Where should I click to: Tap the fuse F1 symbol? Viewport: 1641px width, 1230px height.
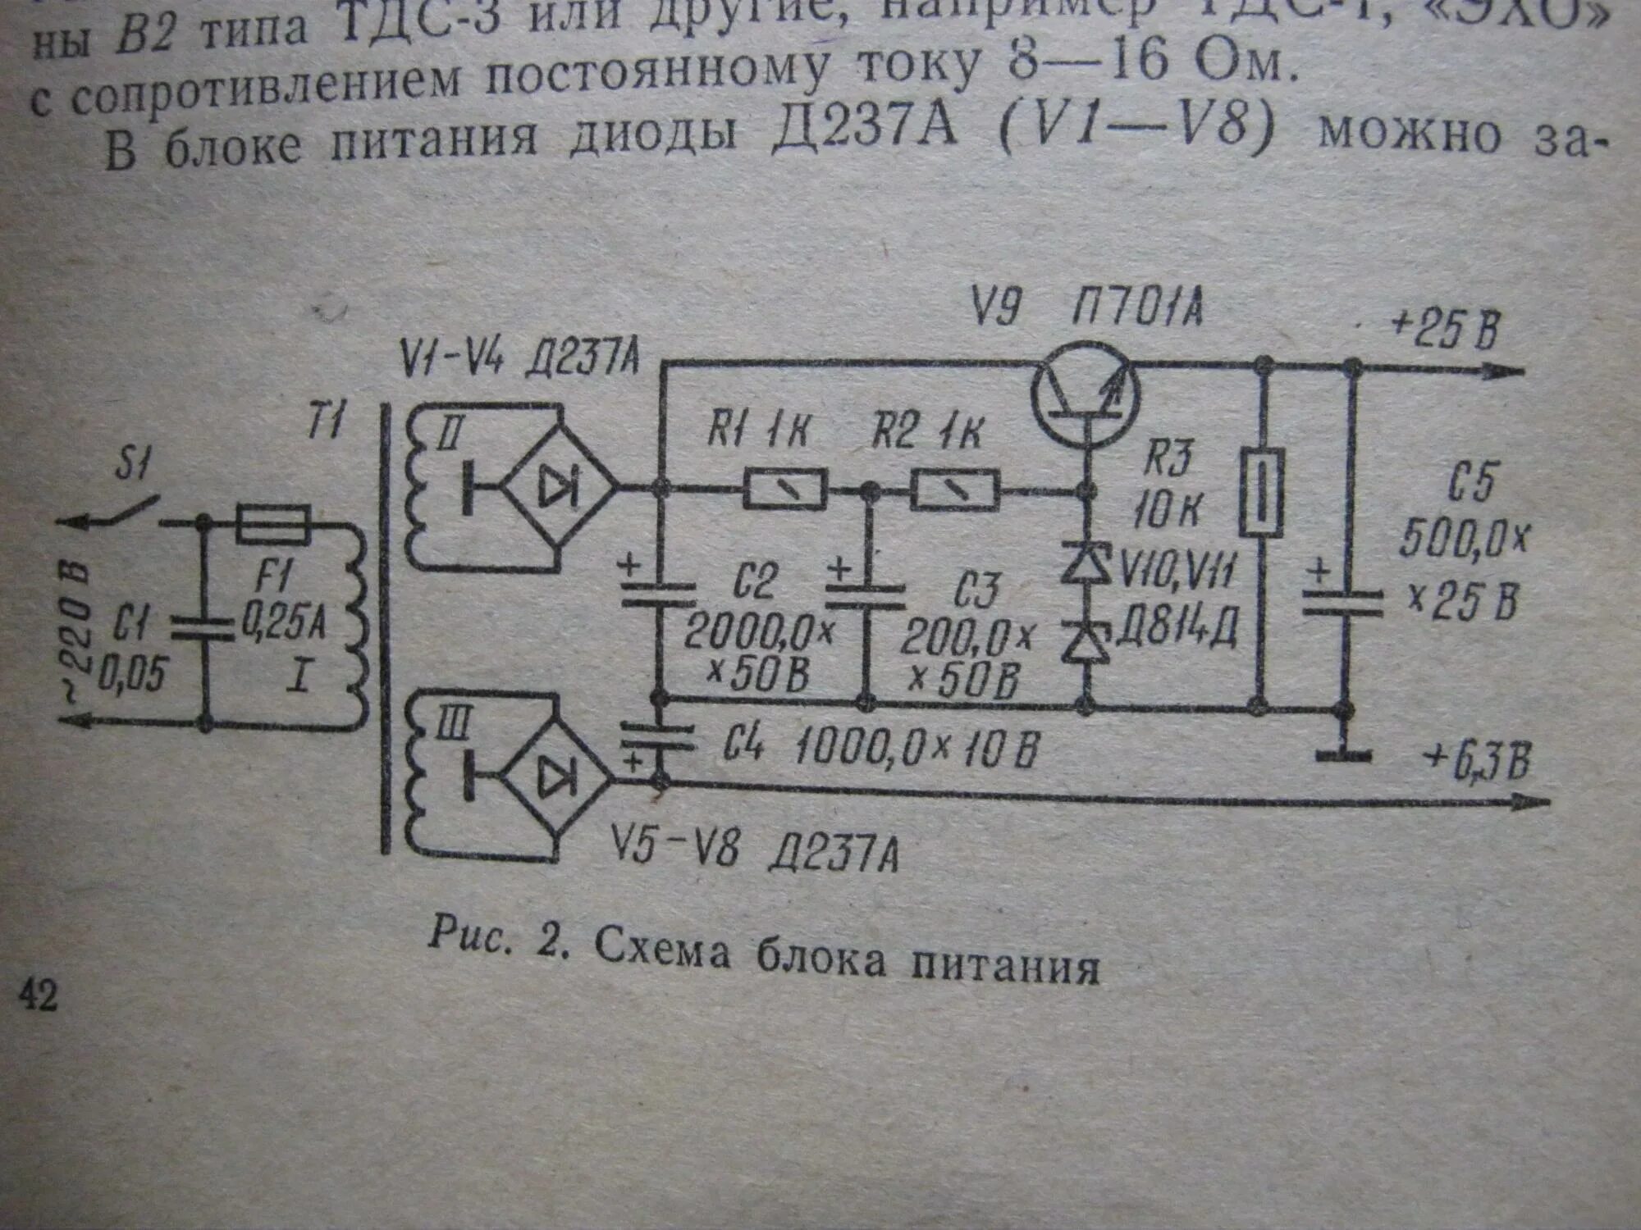(x=272, y=524)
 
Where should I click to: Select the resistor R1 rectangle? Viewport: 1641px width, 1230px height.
(x=784, y=490)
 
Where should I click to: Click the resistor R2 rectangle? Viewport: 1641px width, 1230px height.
(x=955, y=490)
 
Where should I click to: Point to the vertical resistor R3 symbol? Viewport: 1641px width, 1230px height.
(x=1259, y=492)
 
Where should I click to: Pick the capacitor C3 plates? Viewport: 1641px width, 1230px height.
(x=866, y=597)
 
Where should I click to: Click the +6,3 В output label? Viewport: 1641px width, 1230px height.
(x=1478, y=762)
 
